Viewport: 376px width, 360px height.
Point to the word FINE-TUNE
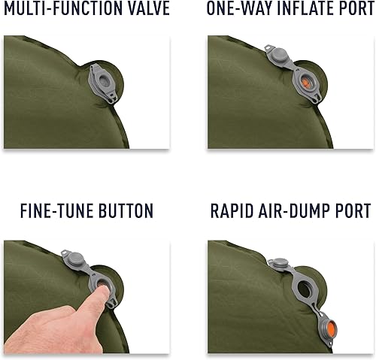(56, 210)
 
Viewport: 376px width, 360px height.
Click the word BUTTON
(126, 210)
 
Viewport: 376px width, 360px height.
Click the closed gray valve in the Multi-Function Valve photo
(103, 83)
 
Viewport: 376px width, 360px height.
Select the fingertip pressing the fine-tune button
(103, 291)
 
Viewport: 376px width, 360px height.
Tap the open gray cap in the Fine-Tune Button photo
(75, 260)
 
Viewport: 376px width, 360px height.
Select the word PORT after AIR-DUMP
(353, 210)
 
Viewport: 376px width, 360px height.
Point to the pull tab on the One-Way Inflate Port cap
(268, 47)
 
